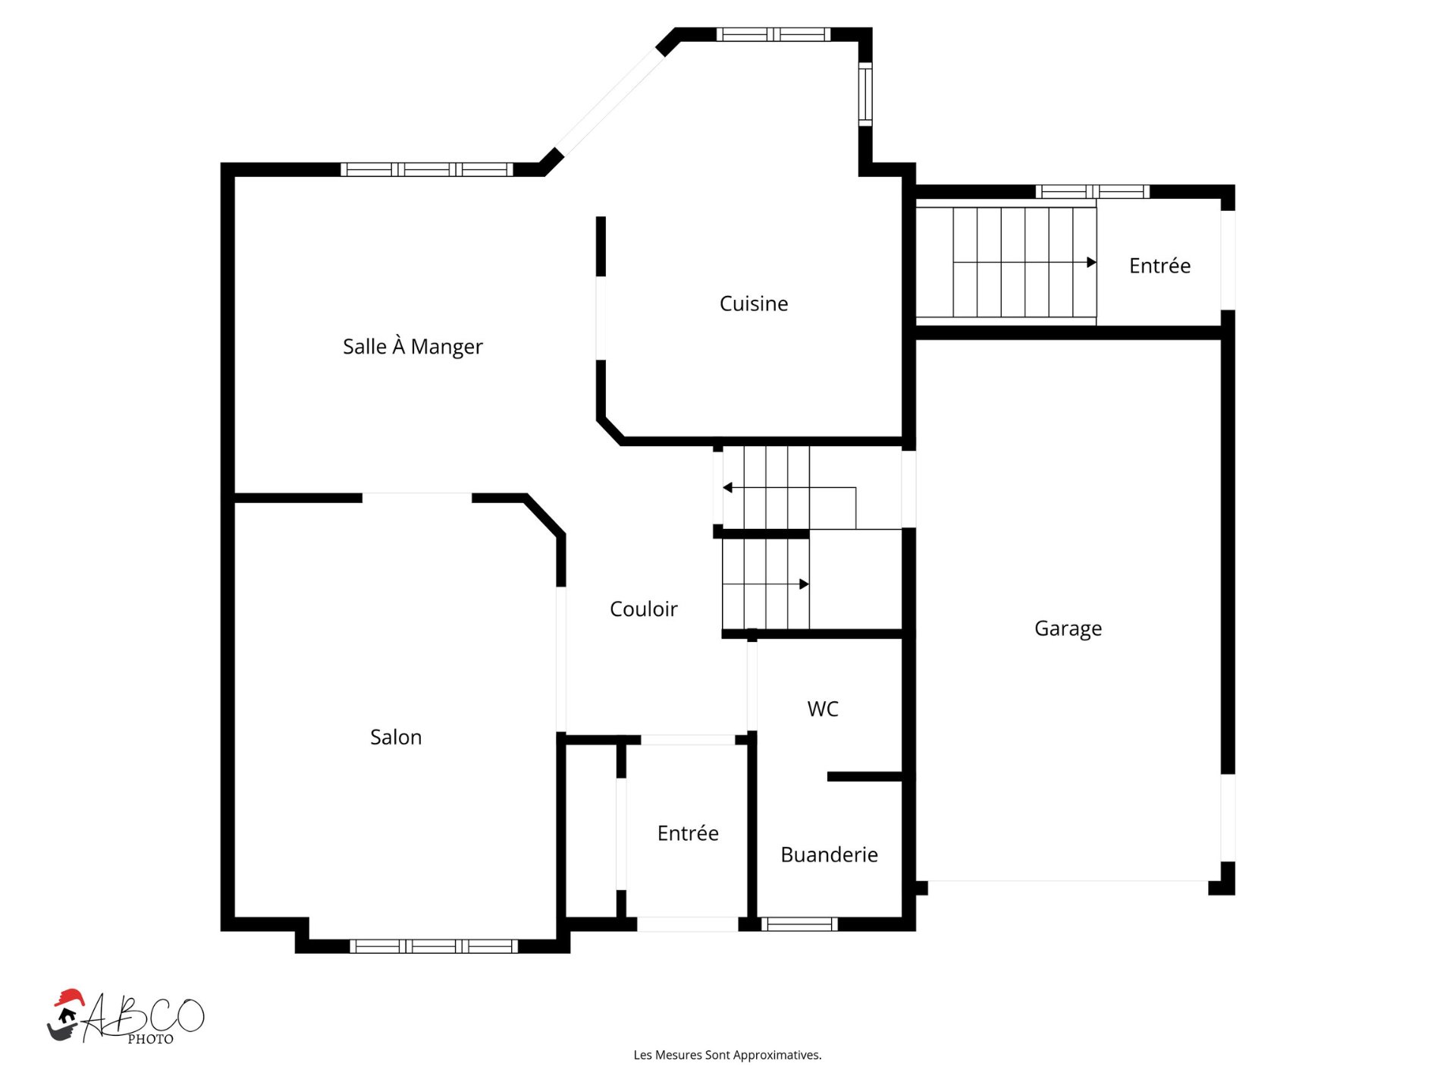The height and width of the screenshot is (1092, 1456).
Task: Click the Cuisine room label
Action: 754,304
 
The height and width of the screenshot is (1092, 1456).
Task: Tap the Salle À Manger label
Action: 413,346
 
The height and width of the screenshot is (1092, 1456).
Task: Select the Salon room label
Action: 396,737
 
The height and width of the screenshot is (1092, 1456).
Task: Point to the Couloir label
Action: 644,609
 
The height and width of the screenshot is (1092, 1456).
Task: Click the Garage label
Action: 1068,628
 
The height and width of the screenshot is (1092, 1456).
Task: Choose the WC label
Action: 823,709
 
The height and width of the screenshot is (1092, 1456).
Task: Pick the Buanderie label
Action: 829,854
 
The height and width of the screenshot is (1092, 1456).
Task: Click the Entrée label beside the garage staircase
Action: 1159,266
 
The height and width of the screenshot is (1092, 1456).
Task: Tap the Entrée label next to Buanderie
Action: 688,832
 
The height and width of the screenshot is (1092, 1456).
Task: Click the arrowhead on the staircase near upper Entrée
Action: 1092,263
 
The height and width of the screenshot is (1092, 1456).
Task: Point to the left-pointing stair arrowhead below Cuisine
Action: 727,487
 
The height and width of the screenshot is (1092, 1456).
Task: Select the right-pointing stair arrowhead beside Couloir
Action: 805,584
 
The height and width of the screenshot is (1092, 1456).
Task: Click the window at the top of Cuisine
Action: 773,34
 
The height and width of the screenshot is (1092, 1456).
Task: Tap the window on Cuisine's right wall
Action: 865,94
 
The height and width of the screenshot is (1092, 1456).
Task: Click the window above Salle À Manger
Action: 427,169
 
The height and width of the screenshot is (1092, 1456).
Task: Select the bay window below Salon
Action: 434,946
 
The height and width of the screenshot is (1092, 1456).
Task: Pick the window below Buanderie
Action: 799,924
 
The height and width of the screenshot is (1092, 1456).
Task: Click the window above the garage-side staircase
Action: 1093,191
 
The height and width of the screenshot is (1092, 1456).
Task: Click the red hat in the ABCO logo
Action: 69,997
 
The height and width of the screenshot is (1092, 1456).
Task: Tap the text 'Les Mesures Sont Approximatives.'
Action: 727,1055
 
